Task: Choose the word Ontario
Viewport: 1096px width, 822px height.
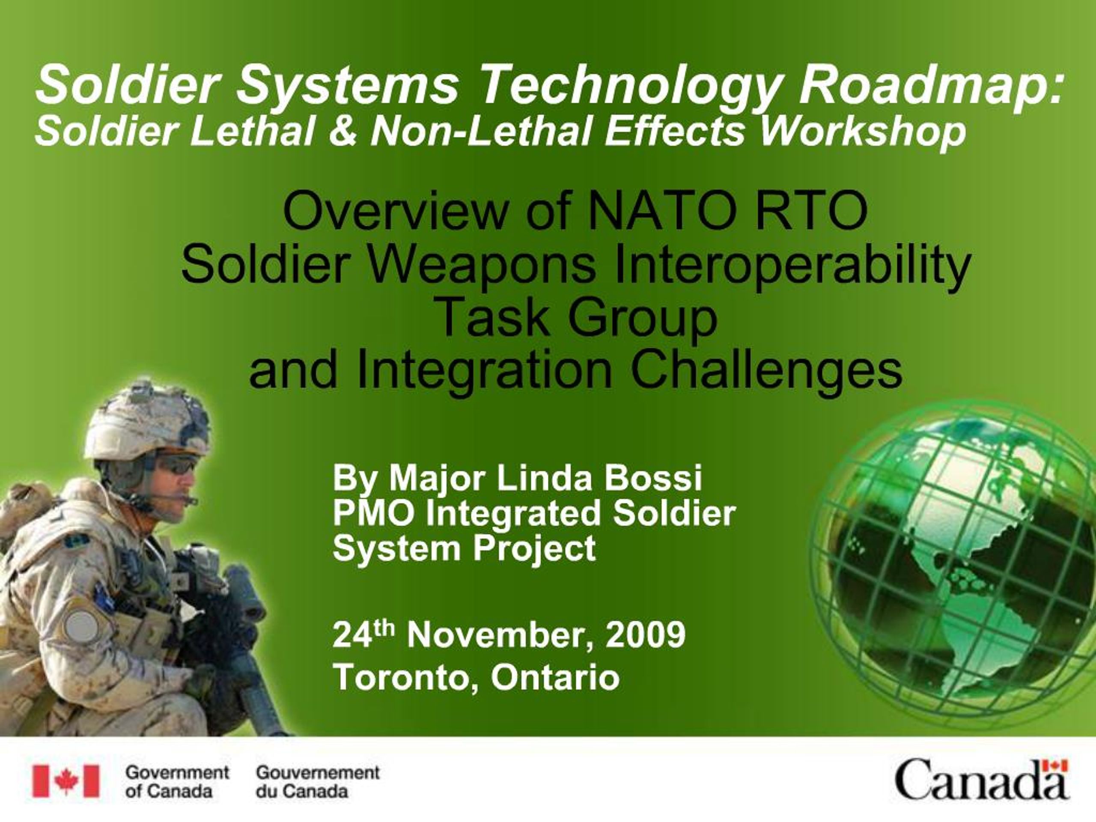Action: click(555, 677)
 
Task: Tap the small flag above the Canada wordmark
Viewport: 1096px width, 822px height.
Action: click(1055, 765)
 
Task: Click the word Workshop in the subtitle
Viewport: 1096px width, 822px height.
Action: click(863, 132)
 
